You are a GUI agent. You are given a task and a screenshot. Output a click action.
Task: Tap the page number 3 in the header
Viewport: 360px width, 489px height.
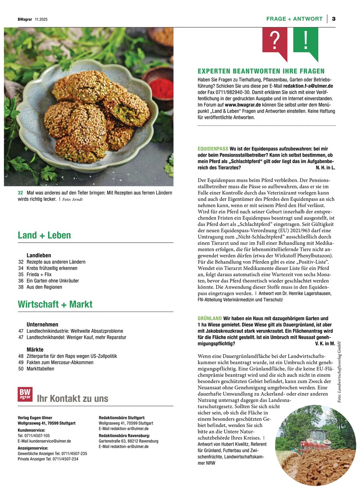(x=333, y=19)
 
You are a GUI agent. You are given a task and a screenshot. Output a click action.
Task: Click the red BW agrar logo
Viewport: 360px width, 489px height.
(x=25, y=394)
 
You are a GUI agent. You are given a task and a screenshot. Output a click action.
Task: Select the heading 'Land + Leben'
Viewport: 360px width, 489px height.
(x=44, y=235)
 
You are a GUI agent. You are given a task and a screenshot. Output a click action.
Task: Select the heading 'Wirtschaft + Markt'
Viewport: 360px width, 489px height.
(x=55, y=304)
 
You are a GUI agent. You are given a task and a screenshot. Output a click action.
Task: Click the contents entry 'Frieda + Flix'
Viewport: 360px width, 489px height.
(x=39, y=274)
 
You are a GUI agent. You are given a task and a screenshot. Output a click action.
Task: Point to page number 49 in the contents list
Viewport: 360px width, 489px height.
(x=21, y=362)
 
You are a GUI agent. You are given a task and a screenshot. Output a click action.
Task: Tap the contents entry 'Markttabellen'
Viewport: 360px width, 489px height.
(x=40, y=369)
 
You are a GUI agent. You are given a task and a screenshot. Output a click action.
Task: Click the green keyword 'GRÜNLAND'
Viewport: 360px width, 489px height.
(x=209, y=318)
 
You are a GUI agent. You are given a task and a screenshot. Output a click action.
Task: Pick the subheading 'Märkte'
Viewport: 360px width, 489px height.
(x=35, y=350)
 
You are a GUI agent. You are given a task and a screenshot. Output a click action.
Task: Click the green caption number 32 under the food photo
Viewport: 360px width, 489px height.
(x=20, y=193)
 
